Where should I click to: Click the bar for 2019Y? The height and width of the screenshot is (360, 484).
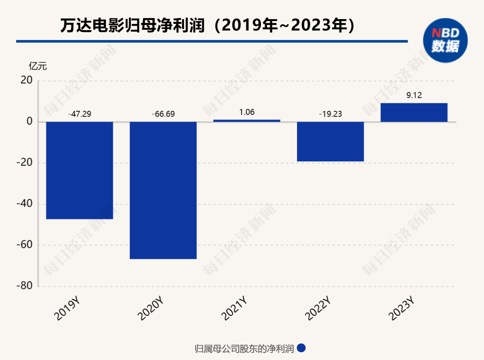[x=80, y=170]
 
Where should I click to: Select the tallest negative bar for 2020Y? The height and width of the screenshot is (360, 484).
[x=163, y=190]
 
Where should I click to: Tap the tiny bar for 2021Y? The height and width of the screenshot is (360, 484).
[x=247, y=121]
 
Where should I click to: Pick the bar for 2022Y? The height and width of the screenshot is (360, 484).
[x=330, y=142]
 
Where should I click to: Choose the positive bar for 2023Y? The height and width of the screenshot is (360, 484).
[x=414, y=112]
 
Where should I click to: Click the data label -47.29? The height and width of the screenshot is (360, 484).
[x=80, y=114]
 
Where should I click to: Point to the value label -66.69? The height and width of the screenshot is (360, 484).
[x=163, y=114]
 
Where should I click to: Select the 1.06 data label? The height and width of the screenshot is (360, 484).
[x=247, y=112]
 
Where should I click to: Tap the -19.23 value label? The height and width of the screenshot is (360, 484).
[x=330, y=114]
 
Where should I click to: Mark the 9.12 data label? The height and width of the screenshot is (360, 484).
[x=414, y=95]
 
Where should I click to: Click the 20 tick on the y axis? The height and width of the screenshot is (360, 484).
[x=27, y=81]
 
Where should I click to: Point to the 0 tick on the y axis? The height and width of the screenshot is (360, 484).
[x=29, y=122]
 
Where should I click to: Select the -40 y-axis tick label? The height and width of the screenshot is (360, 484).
[x=25, y=204]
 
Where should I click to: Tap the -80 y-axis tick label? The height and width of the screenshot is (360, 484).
[x=25, y=286]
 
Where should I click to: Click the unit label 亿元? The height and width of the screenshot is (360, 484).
[x=38, y=66]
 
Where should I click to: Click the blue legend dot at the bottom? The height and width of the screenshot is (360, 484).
[x=301, y=348]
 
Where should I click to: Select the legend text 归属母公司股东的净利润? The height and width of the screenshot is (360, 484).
[x=244, y=348]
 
